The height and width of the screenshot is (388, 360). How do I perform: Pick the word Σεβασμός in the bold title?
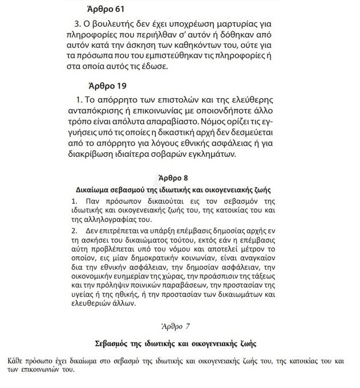click(112, 345)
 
